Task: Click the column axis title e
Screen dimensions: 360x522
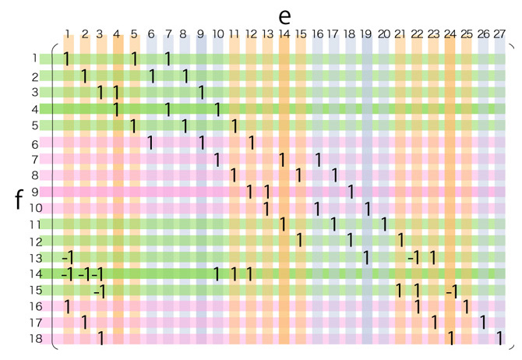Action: [284, 16]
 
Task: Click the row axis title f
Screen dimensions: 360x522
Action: [18, 199]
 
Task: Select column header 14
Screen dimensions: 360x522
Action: [284, 34]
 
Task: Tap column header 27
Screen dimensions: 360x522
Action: [500, 34]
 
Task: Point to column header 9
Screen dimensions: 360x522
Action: [201, 34]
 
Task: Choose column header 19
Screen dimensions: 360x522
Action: [366, 34]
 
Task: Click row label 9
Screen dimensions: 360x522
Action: [35, 192]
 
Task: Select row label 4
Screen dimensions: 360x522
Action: [35, 109]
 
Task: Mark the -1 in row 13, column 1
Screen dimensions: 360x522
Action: [67, 257]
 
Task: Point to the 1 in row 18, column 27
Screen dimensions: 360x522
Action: [500, 339]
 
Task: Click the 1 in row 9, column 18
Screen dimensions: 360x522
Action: [351, 192]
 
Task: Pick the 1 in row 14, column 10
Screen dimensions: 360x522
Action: [217, 274]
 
